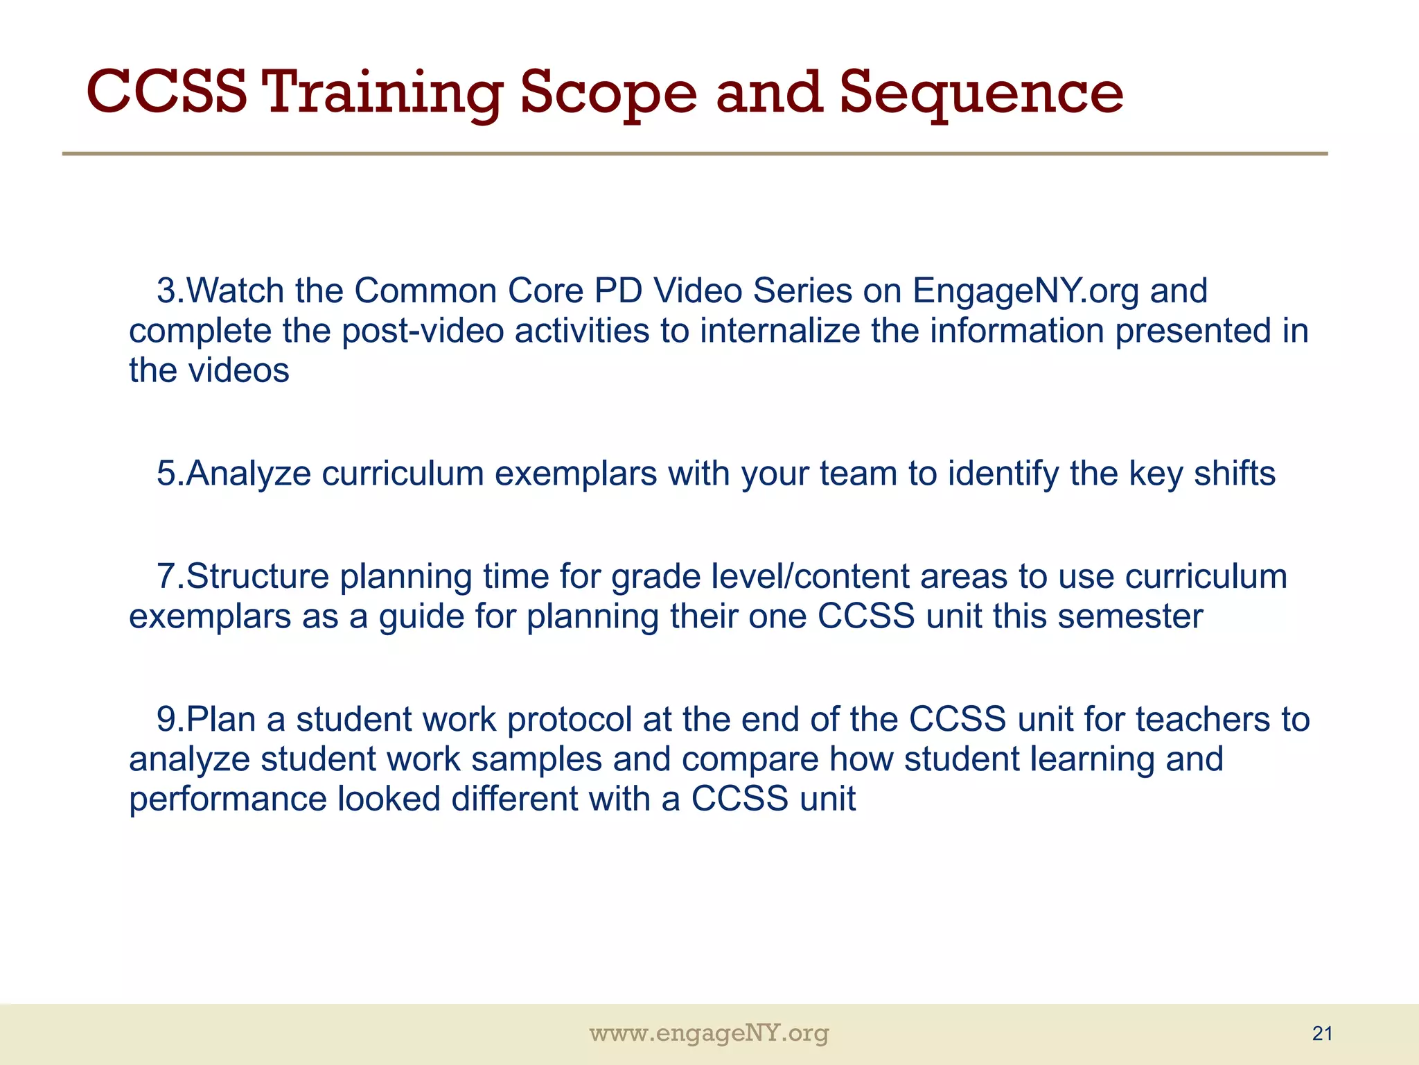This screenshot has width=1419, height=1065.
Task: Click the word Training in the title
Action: pos(382,93)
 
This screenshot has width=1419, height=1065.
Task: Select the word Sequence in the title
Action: pos(981,93)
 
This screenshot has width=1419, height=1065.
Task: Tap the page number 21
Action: pos(1322,1034)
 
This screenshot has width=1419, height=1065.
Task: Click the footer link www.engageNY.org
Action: pos(709,1034)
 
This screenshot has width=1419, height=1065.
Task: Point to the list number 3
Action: pos(167,291)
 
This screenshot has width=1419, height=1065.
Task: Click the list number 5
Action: pos(167,474)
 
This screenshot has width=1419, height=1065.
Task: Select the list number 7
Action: pos(167,576)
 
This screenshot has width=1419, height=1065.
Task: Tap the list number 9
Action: pos(167,719)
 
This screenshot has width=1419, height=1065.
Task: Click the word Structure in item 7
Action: pos(257,576)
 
